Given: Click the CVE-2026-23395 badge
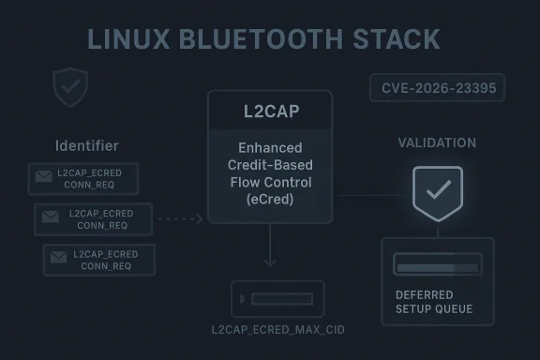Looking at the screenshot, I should tap(437, 89).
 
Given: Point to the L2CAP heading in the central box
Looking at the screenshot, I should tap(269, 112).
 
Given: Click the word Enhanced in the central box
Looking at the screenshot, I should tap(269, 148).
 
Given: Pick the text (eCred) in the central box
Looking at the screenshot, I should tap(269, 199).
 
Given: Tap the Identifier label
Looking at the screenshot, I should tap(87, 145).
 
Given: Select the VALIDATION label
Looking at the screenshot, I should tap(437, 142).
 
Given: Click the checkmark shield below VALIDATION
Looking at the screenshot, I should tap(437, 191).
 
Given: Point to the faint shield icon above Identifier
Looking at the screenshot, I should tap(70, 87).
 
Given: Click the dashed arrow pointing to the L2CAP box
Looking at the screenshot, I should tap(180, 219).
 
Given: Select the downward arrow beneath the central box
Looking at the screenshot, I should tap(269, 251).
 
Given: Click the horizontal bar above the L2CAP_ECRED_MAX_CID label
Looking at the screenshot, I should tap(277, 299).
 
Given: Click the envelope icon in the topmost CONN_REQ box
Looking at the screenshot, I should tap(43, 176).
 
